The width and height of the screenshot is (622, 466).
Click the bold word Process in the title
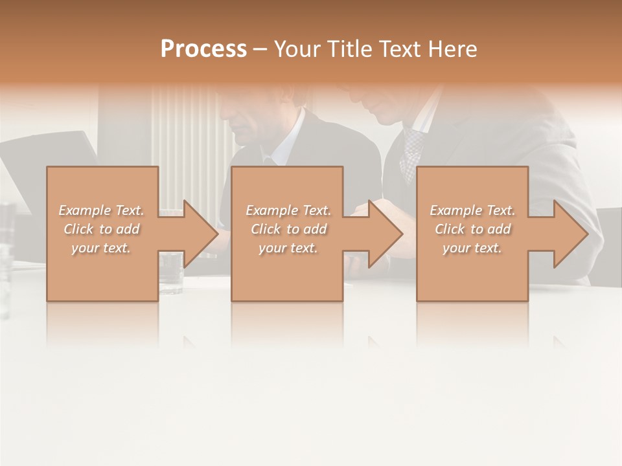(x=203, y=49)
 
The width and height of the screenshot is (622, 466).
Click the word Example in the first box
(x=84, y=210)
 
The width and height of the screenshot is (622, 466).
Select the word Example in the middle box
(x=271, y=210)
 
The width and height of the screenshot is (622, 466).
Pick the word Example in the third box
(x=455, y=210)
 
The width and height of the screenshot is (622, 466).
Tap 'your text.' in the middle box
(x=288, y=248)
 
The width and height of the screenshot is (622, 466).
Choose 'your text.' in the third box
(x=472, y=248)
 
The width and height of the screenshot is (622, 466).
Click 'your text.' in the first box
(x=100, y=248)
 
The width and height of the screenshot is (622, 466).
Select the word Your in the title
(x=296, y=49)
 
